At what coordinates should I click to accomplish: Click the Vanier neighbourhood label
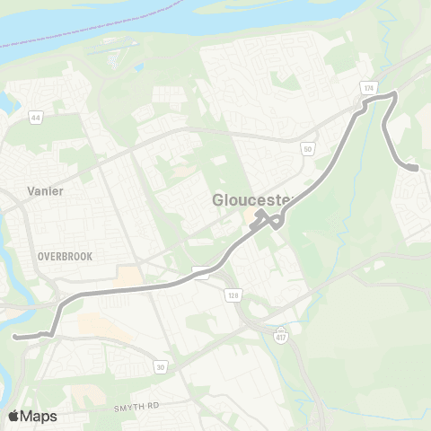(45, 190)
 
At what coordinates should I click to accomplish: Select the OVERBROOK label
(65, 256)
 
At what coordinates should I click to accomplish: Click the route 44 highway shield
(35, 118)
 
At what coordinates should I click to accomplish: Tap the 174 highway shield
(369, 88)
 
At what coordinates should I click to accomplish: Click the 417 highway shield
(281, 332)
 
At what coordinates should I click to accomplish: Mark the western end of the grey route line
(16, 337)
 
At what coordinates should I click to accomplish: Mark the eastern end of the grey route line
(418, 167)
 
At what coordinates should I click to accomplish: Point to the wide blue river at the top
(90, 22)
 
